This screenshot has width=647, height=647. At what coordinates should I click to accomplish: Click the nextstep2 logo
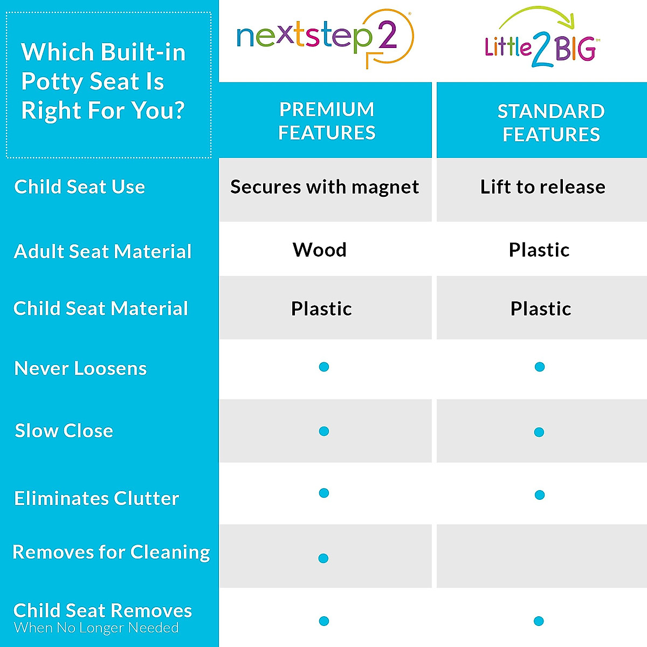tap(324, 38)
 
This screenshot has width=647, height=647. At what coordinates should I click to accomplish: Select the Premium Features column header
tap(326, 121)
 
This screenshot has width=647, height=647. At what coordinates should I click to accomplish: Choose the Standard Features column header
tap(550, 122)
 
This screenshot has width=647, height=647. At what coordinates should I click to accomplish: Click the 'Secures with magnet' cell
tap(324, 187)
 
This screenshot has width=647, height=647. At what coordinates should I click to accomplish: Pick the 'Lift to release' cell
tap(542, 187)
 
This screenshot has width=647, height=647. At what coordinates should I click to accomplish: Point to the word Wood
tap(320, 250)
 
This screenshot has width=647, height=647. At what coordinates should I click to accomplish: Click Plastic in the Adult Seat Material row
tap(539, 250)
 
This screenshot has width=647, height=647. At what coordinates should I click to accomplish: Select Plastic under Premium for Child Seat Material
tap(321, 308)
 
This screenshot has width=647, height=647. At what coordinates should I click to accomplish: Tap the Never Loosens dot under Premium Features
tap(324, 367)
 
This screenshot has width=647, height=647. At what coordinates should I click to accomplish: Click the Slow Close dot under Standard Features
tap(539, 432)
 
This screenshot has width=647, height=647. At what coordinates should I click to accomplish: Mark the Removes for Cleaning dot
tap(323, 558)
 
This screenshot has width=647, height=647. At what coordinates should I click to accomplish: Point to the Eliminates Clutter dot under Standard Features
tap(540, 495)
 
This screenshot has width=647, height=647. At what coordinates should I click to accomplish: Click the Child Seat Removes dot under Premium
tap(324, 621)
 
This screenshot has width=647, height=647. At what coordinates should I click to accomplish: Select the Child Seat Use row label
tap(80, 187)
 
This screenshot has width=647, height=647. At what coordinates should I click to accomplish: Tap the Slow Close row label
tap(64, 431)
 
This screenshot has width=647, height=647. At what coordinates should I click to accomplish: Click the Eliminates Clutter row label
tap(97, 498)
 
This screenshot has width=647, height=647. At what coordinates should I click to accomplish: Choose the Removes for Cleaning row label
tap(111, 552)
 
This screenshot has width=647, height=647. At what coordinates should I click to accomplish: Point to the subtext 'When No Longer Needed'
tap(97, 628)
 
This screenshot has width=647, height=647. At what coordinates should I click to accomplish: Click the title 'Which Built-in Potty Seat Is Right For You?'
tap(104, 81)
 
